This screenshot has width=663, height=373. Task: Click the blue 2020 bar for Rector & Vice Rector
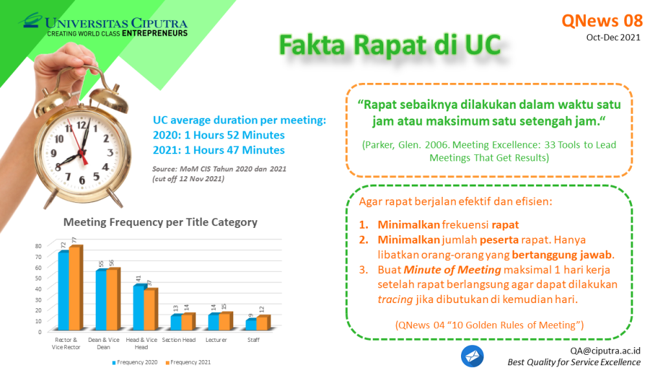(x=63, y=291)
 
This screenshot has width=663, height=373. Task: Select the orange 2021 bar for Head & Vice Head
(x=150, y=310)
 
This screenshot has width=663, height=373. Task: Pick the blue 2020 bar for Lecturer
(x=214, y=322)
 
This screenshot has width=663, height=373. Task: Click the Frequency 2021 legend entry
(x=188, y=363)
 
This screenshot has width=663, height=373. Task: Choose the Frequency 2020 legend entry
(x=135, y=363)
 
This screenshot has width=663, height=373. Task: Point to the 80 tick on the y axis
(x=38, y=245)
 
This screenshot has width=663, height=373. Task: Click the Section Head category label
(x=179, y=340)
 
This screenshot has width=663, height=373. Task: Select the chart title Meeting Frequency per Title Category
(x=161, y=223)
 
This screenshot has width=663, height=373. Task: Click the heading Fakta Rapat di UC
(x=390, y=45)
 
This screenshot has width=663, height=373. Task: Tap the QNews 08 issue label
(x=602, y=21)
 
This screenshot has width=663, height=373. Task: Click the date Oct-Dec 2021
(x=613, y=38)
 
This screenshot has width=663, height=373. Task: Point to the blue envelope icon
(x=472, y=356)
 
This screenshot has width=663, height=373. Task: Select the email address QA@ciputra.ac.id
(x=605, y=350)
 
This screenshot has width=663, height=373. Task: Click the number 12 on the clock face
(x=81, y=125)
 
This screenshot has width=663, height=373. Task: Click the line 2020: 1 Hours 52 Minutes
(x=219, y=135)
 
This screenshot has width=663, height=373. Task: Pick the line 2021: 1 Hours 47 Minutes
(x=219, y=150)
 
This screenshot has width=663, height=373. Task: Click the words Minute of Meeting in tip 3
(x=453, y=270)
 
